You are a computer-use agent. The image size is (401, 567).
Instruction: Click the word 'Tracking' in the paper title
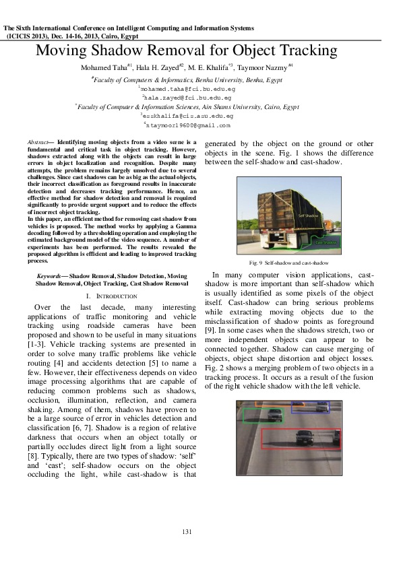pos(301,51)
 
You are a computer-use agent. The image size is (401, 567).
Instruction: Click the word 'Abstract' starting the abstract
pos(39,143)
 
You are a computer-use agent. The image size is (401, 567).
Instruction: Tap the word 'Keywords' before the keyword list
pos(51,276)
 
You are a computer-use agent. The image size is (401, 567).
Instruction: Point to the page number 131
pos(187,532)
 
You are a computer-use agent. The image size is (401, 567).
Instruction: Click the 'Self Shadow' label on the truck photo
pos(307,215)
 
